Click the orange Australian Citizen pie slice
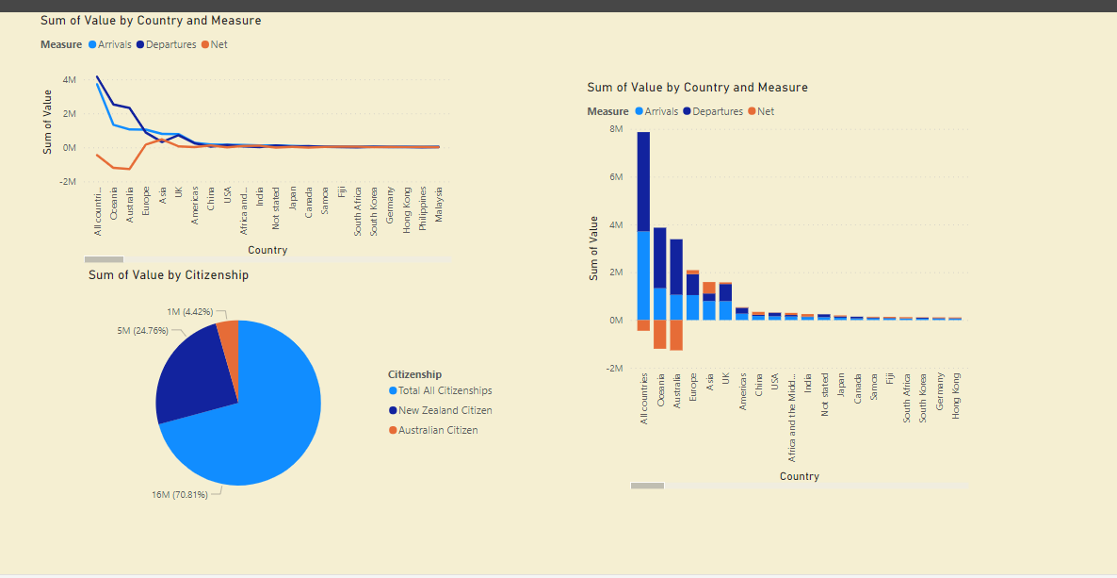pyautogui.click(x=228, y=336)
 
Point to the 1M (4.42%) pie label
pyautogui.click(x=189, y=311)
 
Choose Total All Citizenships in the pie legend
pyautogui.click(x=445, y=390)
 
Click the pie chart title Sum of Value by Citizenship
pyautogui.click(x=169, y=275)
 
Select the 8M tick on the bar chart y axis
pyautogui.click(x=616, y=128)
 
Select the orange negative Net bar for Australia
pyautogui.click(x=676, y=335)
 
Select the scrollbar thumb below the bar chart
pyautogui.click(x=647, y=486)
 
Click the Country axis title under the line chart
pyautogui.click(x=267, y=250)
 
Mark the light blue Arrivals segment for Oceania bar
pyautogui.click(x=660, y=304)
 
